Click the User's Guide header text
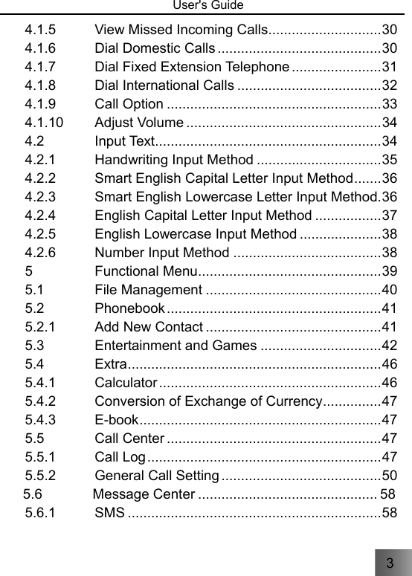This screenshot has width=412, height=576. tap(206, 6)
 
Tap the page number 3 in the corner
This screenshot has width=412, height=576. tap(389, 563)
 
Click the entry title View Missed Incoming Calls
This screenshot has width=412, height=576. tap(181, 30)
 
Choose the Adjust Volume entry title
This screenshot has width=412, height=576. tap(139, 121)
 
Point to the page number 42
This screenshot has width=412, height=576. tap(388, 343)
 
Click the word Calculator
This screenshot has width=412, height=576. tap(126, 383)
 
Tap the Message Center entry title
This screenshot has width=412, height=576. tap(145, 494)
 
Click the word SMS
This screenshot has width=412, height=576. tap(110, 513)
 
